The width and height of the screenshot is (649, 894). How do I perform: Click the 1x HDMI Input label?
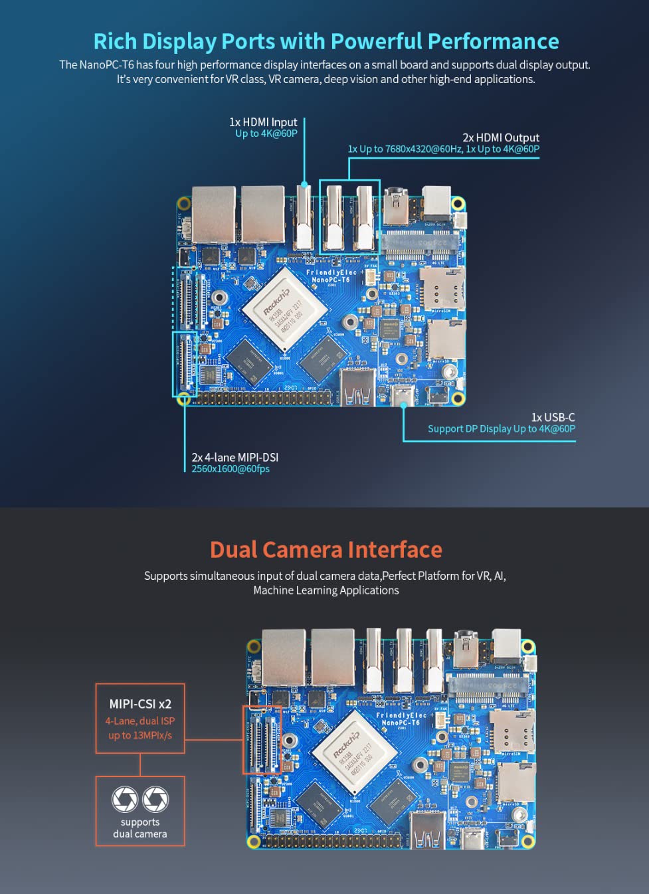[x=263, y=122]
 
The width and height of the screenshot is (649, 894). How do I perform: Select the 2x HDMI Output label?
[x=500, y=137]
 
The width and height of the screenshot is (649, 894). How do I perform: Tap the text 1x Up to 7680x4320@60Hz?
[x=405, y=149]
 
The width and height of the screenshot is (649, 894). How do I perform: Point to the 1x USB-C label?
[x=553, y=417]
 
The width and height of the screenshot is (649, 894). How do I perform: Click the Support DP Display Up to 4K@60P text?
[x=501, y=429]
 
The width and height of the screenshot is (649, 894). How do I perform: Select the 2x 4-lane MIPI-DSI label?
[x=234, y=458]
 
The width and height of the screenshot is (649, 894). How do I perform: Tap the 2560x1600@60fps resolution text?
[x=231, y=469]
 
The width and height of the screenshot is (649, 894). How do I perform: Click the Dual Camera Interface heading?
[x=325, y=550]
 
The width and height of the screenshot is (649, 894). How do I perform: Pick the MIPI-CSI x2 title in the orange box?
[x=140, y=704]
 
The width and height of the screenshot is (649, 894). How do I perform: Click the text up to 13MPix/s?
[x=140, y=735]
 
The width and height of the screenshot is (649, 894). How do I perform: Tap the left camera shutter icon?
[x=125, y=799]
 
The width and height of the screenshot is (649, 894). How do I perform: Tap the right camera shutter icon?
[x=155, y=799]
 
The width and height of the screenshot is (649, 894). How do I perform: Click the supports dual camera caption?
[x=140, y=828]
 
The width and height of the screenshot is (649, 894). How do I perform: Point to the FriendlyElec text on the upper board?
[x=331, y=272]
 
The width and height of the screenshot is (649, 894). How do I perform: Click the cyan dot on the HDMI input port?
[x=304, y=184]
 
